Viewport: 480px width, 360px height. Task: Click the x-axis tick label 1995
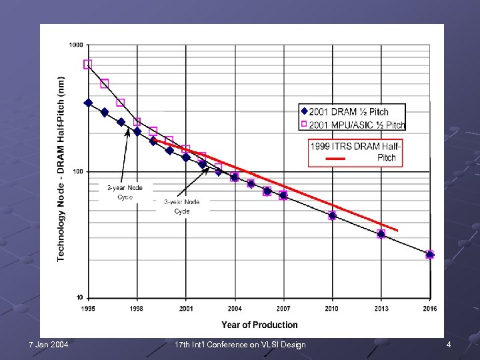point(88,309)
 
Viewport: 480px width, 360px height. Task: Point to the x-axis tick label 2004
point(235,309)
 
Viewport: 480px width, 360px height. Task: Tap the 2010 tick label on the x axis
point(332,309)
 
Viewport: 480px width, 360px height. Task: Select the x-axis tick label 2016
point(430,309)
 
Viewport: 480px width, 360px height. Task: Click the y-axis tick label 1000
point(75,45)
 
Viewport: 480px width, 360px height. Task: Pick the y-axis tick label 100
point(77,171)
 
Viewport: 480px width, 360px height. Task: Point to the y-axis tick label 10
point(79,297)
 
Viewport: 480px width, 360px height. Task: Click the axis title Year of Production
point(259,325)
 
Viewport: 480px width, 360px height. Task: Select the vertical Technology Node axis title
point(61,168)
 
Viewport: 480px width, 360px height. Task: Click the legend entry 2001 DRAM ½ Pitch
point(349,112)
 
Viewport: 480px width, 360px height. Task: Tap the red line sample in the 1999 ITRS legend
point(335,159)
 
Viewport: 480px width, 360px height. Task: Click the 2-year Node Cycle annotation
point(125,192)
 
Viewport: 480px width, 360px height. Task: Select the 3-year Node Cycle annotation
point(182,206)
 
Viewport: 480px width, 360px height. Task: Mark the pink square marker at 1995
point(88,65)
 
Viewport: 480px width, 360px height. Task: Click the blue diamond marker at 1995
point(88,103)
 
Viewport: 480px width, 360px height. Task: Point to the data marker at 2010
point(332,216)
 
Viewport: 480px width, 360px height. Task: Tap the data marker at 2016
point(430,255)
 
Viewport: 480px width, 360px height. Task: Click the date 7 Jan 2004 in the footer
point(49,345)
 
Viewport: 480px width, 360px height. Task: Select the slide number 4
point(449,345)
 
